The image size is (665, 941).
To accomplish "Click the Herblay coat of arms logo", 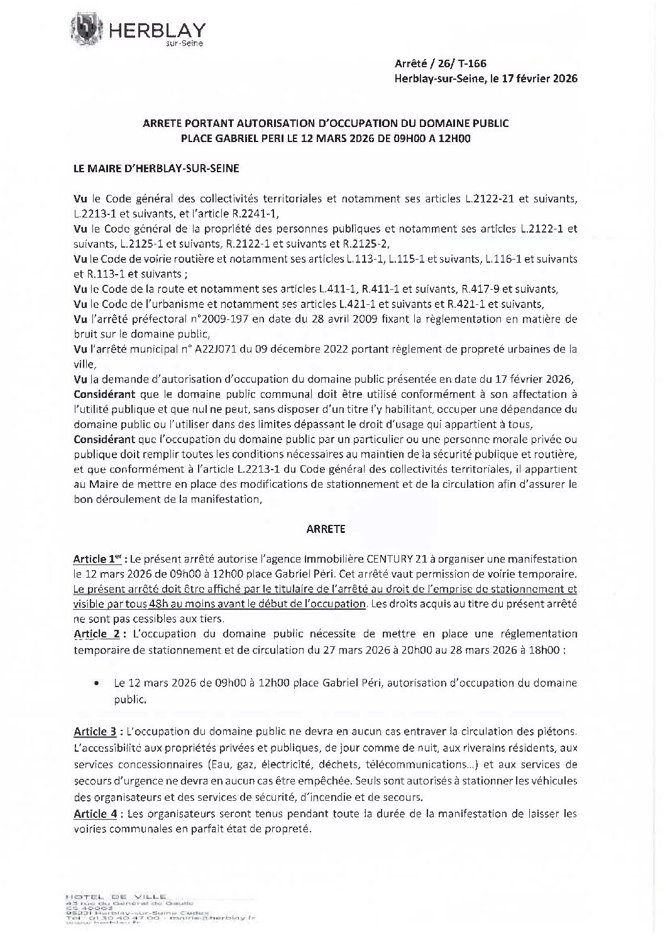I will (x=85, y=30).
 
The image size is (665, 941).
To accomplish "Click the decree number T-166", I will (x=473, y=63).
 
